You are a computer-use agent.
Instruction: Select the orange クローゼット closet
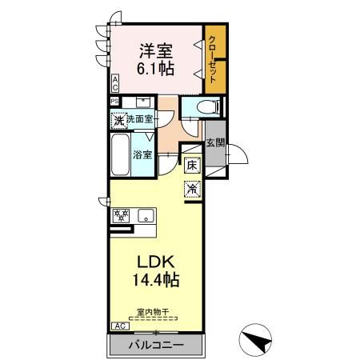click(214, 58)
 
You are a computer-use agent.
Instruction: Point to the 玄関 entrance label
click(215, 144)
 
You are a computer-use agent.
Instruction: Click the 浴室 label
click(142, 154)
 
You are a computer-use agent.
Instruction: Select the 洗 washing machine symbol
click(118, 121)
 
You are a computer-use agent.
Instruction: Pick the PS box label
click(114, 101)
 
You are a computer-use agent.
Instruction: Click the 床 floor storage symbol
click(193, 166)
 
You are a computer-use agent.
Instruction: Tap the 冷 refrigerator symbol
click(193, 190)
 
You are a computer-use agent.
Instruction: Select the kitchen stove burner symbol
click(122, 214)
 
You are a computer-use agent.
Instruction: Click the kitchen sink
click(146, 214)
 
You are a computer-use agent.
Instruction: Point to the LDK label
click(156, 262)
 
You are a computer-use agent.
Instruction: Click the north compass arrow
click(257, 341)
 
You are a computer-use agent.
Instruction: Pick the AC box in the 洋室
click(115, 82)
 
